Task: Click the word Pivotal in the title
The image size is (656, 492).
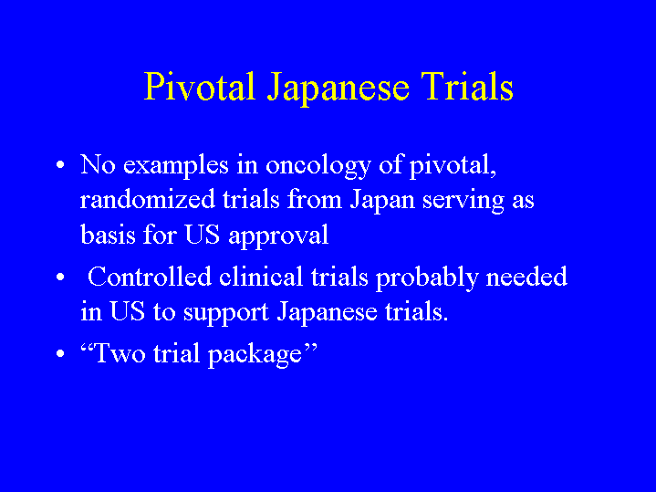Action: pos(200,86)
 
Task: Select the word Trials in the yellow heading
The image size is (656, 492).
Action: pos(467,86)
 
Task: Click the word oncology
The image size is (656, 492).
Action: pos(318,167)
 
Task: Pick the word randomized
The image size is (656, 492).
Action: pos(147,199)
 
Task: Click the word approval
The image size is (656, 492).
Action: pos(278,236)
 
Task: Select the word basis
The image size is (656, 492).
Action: pos(108,234)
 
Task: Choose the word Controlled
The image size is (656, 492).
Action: pos(150,277)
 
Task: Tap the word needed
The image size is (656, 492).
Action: pos(526,277)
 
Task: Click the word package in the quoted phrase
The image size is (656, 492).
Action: pos(255,355)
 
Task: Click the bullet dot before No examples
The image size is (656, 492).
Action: pos(60,164)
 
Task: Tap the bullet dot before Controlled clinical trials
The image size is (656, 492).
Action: pos(60,277)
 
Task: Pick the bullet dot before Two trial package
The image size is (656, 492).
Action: pos(60,353)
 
